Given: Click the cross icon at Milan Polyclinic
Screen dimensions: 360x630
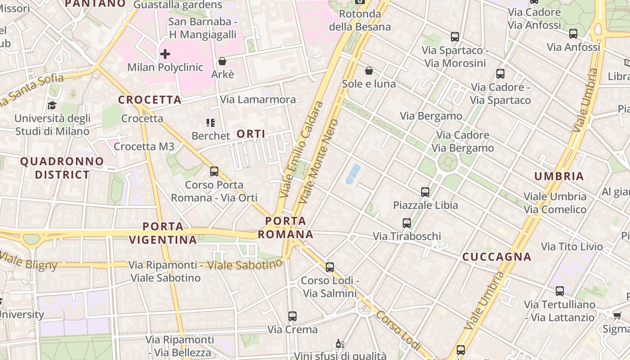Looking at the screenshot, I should [x=165, y=54].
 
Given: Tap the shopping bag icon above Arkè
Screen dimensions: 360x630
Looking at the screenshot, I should [x=222, y=61].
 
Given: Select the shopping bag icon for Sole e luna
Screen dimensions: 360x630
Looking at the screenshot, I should [x=369, y=71].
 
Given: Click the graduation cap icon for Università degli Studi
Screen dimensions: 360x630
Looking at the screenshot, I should [x=52, y=105].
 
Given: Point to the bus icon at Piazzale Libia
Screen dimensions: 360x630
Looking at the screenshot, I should [x=425, y=192].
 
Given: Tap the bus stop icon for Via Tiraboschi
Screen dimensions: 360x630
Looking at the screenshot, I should [x=407, y=223].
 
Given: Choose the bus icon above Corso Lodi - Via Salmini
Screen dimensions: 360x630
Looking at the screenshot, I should [x=330, y=267].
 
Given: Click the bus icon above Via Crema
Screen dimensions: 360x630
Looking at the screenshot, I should [x=292, y=316].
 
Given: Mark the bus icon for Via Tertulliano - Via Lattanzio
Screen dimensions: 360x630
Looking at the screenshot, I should [x=560, y=291].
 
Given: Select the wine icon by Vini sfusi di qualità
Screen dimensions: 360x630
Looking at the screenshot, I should [x=340, y=344].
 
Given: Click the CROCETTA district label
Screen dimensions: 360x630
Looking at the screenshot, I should [x=150, y=100].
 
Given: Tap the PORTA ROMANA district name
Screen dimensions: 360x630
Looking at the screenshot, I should [x=286, y=228].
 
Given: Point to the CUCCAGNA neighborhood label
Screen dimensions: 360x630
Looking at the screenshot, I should [x=497, y=257].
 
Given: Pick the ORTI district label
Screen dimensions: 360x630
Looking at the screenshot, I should [x=251, y=134].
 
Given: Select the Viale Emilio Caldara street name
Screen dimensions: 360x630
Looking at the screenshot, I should [x=301, y=150].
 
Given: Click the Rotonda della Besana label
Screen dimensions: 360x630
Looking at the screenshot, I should [x=360, y=20].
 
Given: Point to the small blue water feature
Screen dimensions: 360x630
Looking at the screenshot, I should [x=353, y=174].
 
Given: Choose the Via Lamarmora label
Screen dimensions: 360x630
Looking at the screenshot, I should [x=258, y=99].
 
